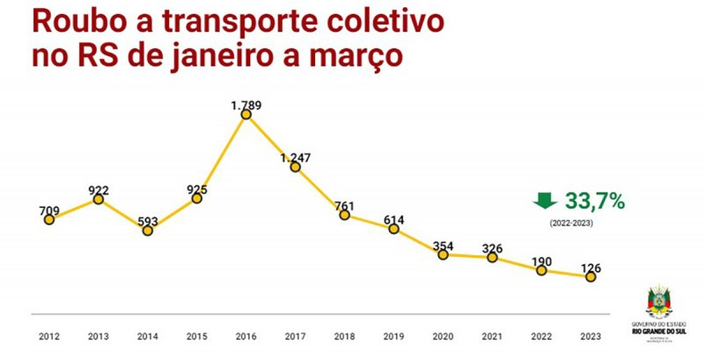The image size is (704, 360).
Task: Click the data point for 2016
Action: [x=246, y=114]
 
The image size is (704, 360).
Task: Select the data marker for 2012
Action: [x=49, y=219]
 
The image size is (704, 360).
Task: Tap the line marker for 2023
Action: [x=590, y=276]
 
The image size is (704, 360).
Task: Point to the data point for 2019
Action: [x=393, y=229]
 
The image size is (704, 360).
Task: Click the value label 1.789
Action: [x=246, y=106]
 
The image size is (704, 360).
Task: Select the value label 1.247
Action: [x=296, y=158]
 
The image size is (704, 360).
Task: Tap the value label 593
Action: [x=148, y=222]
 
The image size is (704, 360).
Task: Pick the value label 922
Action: [x=99, y=190]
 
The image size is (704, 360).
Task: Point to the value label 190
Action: [x=541, y=261]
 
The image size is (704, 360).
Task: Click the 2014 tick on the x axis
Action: [x=148, y=336]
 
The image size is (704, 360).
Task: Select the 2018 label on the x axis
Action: [x=344, y=336]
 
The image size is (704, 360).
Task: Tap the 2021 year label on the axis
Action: [x=492, y=336]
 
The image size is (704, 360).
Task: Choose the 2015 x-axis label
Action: [x=197, y=336]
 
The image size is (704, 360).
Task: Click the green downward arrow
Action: [x=546, y=202]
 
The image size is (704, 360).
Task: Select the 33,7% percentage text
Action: [x=595, y=202]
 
